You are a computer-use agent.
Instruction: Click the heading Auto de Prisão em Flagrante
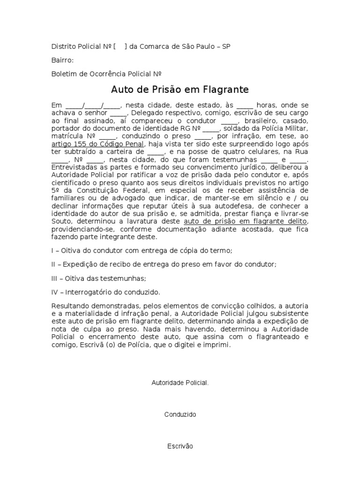(180, 89)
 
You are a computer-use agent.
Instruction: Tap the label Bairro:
(62, 60)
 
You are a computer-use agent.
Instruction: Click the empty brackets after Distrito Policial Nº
(120, 46)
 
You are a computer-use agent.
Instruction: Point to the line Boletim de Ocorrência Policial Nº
(106, 74)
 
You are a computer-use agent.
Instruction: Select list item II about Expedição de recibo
(164, 264)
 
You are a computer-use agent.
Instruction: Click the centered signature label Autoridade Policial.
(180, 383)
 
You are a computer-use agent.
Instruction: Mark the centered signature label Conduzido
(180, 415)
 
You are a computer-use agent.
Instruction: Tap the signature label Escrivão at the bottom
(180, 446)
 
